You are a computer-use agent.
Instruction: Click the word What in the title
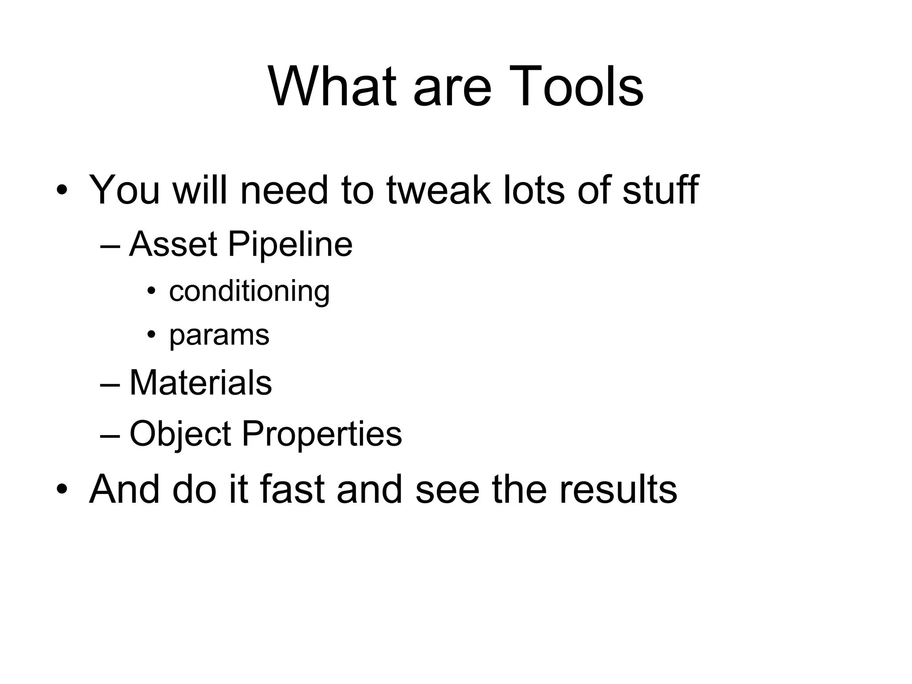click(x=332, y=86)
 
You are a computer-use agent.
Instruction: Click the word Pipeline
click(x=290, y=244)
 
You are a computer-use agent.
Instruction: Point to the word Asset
click(x=173, y=244)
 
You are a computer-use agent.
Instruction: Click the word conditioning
click(x=249, y=292)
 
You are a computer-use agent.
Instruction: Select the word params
click(x=219, y=335)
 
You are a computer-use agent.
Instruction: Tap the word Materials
click(x=200, y=383)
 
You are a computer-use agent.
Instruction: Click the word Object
click(x=180, y=434)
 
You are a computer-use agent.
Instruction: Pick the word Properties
click(x=322, y=434)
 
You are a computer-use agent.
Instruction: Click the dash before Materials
click(x=110, y=384)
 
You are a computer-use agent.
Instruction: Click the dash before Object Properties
click(x=110, y=435)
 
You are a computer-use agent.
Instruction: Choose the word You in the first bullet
click(x=124, y=190)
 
